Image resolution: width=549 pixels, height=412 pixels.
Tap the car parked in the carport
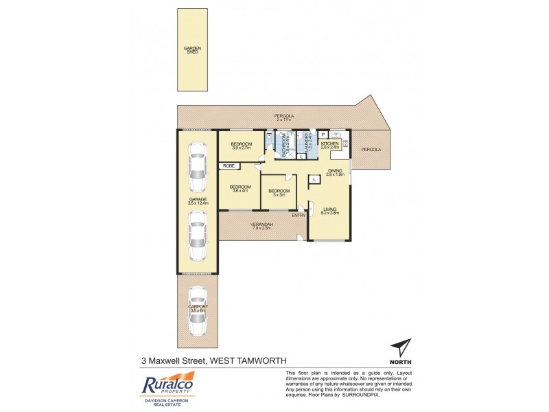(x=198, y=311)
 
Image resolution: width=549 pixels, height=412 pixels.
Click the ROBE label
(x=226, y=166)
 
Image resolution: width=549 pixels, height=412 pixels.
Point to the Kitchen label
(x=331, y=144)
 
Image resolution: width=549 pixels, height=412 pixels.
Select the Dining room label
(x=334, y=170)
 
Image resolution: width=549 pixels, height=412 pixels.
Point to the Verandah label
(x=262, y=225)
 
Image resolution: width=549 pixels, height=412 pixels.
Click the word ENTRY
(x=298, y=216)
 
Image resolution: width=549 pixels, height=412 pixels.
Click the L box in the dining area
(x=314, y=179)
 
